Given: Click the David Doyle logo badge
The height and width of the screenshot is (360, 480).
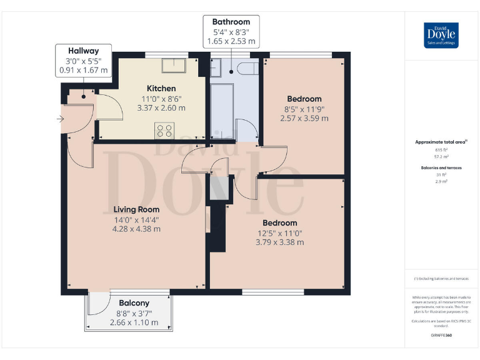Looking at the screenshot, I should click(441, 35).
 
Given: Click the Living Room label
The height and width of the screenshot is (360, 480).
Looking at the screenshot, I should click(136, 209).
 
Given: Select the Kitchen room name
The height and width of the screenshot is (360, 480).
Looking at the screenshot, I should click(161, 88).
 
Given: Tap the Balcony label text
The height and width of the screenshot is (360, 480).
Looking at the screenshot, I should click(134, 303).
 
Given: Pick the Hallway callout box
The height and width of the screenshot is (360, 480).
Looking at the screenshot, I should click(84, 61).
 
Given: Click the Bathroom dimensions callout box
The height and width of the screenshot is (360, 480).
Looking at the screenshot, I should click(231, 31).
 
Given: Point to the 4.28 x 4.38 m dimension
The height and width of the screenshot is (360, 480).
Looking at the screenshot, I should click(136, 229).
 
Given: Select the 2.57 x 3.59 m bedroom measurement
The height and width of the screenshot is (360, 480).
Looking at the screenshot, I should click(304, 118).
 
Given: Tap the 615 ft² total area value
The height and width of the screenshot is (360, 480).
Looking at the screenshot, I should click(441, 150).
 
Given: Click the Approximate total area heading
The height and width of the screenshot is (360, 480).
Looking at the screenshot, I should click(441, 142).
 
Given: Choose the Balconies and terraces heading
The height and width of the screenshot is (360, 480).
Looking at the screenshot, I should click(441, 168).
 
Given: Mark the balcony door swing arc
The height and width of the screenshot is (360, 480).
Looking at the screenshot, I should click(97, 305).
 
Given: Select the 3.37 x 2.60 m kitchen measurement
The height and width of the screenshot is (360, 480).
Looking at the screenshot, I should click(161, 107).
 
